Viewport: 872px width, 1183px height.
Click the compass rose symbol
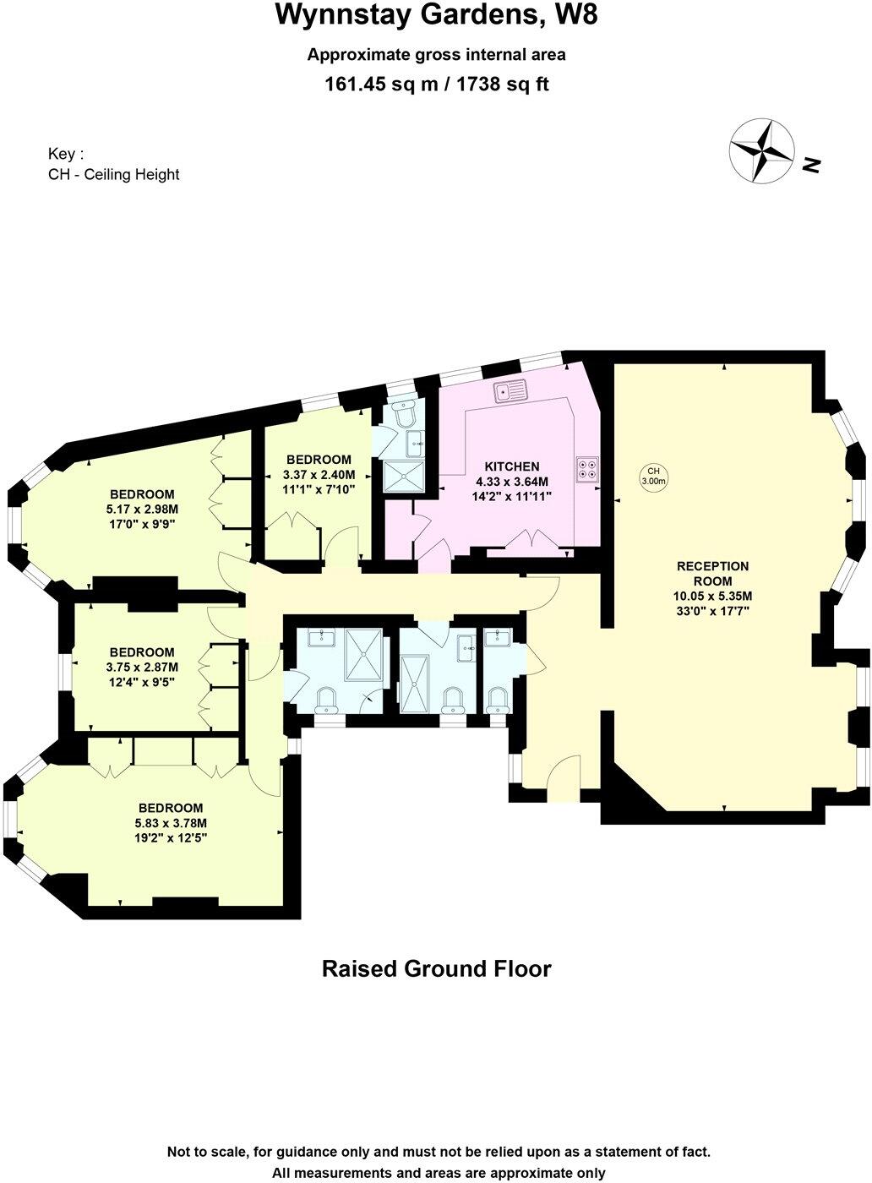[761, 150]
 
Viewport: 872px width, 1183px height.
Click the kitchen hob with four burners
[587, 468]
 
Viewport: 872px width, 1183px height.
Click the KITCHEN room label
[511, 466]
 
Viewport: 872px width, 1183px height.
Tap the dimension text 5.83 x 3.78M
[171, 823]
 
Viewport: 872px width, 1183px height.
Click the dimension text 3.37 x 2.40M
[319, 474]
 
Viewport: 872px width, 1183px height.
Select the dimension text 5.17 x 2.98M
[142, 509]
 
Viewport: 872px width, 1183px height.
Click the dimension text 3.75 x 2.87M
[142, 667]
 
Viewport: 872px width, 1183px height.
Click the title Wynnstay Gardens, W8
[436, 15]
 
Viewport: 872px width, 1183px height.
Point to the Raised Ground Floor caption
[436, 968]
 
